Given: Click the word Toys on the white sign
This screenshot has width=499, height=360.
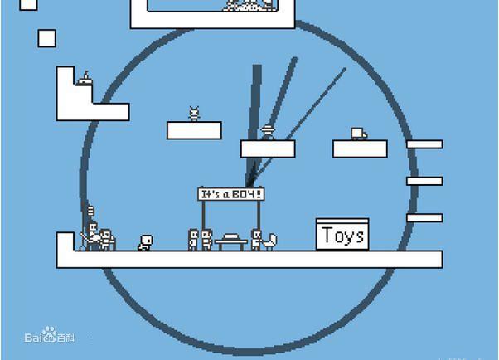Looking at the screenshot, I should [x=343, y=236].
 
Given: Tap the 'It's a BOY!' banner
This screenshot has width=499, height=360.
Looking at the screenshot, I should [x=232, y=193].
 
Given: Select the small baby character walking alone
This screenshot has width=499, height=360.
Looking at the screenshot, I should [x=144, y=242].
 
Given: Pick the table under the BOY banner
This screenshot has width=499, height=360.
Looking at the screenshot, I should [x=230, y=241].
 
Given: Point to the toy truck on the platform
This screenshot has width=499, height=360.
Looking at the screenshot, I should [x=358, y=134].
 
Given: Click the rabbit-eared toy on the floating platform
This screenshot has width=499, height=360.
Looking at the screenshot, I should [x=195, y=114].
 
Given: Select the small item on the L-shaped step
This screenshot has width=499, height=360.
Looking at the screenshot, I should [x=84, y=79].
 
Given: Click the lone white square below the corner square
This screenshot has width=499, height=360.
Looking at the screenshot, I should [x=46, y=37].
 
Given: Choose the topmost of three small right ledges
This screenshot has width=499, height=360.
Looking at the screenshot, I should [x=424, y=144].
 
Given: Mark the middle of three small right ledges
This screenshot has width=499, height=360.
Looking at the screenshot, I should [x=424, y=181].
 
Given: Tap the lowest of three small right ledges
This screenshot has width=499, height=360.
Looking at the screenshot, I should [x=424, y=218].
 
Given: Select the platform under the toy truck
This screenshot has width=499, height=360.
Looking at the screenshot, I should [x=360, y=148].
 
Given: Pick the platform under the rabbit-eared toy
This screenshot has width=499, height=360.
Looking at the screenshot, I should [x=194, y=130].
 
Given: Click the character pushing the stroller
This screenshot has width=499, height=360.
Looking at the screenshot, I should [x=256, y=239].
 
